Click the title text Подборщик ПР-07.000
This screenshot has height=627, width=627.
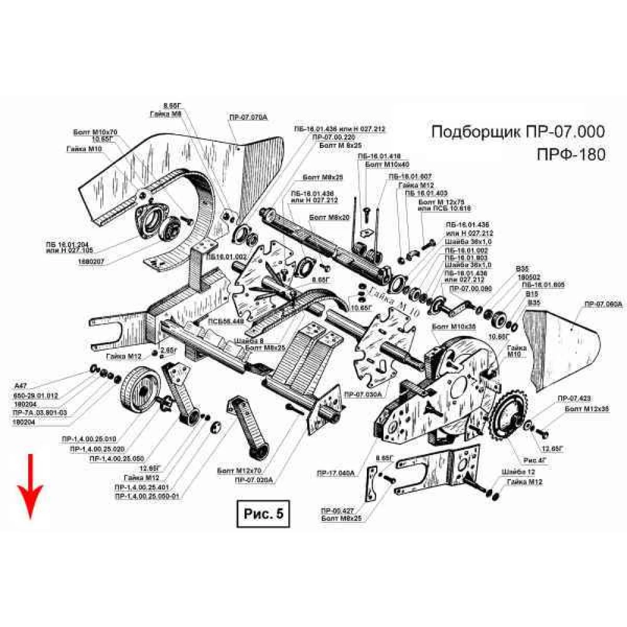(519, 132)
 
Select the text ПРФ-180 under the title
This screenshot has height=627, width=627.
(571, 154)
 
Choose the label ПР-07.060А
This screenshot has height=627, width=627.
(603, 303)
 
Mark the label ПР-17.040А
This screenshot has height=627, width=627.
(336, 472)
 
